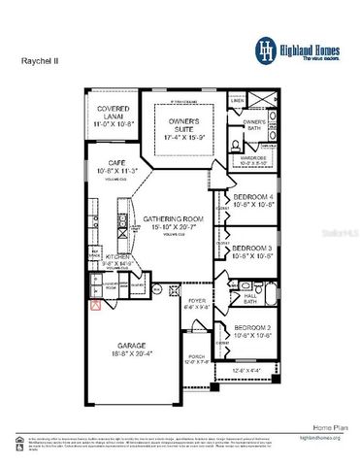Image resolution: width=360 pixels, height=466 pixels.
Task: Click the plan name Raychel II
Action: tap(40, 59)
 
